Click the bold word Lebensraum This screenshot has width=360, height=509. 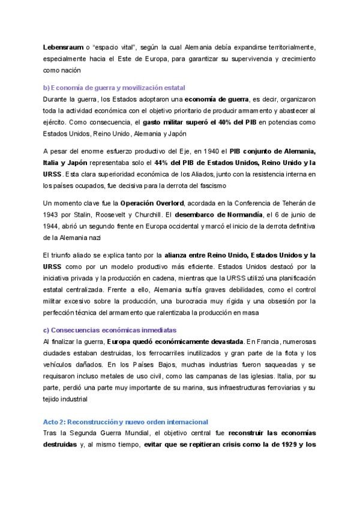[x=63, y=47]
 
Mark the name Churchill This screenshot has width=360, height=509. [x=158, y=214]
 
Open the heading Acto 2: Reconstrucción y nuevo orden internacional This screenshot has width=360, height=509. [x=126, y=422]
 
